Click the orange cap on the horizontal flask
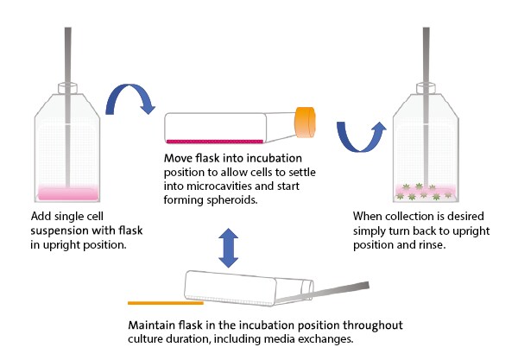(307, 123)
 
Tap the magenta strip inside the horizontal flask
(214, 140)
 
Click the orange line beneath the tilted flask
(165, 303)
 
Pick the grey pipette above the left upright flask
(67, 52)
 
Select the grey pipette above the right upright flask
(426, 52)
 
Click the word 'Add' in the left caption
(41, 216)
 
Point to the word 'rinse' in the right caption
(435, 243)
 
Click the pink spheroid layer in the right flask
(425, 189)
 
